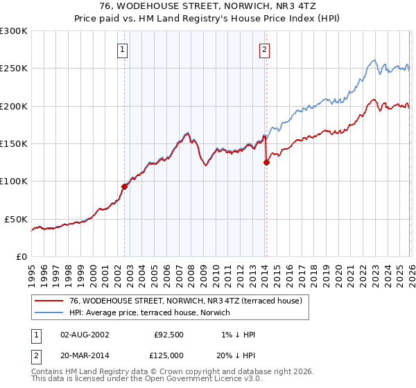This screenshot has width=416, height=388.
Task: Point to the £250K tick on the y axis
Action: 14,69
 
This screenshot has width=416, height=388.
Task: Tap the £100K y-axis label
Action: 14,182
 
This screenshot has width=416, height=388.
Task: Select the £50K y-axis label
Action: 17,219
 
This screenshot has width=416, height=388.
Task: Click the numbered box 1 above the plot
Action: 123,49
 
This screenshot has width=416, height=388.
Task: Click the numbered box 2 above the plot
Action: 265,49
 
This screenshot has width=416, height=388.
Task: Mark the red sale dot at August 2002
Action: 125,186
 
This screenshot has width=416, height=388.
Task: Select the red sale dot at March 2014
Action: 266,162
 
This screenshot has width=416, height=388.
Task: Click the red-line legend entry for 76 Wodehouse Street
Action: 185,301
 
